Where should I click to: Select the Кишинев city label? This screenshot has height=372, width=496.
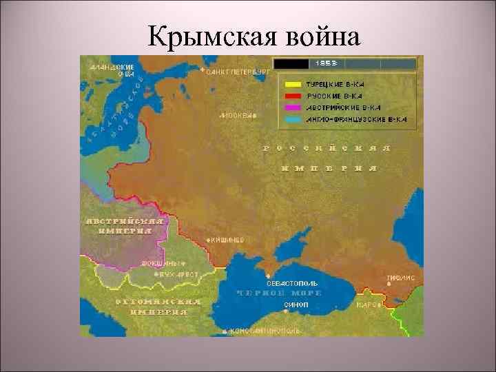(x=227, y=239)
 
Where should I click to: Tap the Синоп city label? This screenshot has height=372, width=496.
(x=296, y=304)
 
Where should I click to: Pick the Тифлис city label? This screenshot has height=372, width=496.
(x=400, y=278)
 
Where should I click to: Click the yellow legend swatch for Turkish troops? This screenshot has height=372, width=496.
(x=289, y=82)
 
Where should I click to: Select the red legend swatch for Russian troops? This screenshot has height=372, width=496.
(x=289, y=95)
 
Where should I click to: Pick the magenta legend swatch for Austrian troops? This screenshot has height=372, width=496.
(x=289, y=107)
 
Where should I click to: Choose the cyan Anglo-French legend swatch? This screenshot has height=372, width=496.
(x=289, y=120)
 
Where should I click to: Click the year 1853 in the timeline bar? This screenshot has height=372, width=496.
(x=326, y=63)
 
